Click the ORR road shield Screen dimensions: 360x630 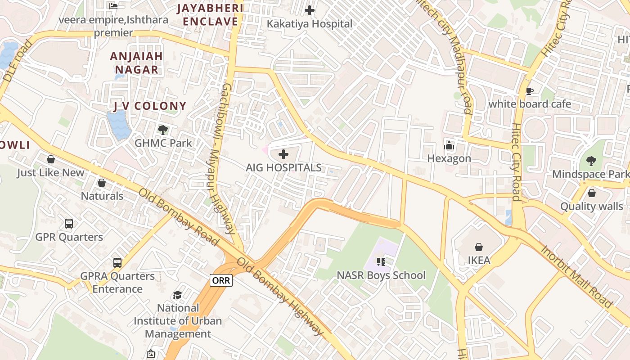221,280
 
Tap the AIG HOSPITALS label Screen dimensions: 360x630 283,168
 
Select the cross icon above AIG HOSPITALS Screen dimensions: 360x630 283,155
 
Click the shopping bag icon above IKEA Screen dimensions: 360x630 478,247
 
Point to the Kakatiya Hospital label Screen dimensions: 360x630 310,24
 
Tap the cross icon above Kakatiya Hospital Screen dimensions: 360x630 310,10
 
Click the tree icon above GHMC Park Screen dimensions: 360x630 163,130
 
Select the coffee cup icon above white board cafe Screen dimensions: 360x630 530,91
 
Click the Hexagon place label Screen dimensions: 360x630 449,158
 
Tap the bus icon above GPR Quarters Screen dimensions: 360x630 69,223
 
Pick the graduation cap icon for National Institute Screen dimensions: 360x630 177,295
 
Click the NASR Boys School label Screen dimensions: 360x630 381,275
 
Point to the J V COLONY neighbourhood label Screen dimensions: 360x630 149,106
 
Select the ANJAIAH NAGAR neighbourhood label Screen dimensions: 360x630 137,63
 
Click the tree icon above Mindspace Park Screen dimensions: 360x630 591,161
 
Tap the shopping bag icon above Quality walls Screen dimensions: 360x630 591,193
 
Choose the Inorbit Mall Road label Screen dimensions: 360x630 577,276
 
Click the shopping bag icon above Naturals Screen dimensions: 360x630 102,183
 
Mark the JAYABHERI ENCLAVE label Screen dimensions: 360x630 210,15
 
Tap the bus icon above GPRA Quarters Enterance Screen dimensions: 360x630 117,262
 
